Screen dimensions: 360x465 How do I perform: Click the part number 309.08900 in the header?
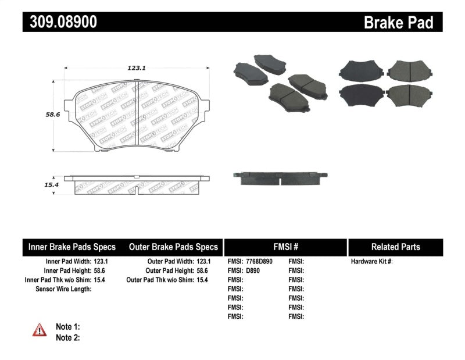(60, 22)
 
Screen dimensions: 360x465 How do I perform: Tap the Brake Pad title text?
(398, 23)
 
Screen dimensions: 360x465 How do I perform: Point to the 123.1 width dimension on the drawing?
(136, 68)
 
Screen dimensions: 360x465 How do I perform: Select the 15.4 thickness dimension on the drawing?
(38, 184)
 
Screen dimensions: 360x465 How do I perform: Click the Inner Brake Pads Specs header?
(72, 247)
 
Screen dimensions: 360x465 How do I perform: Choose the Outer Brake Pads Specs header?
(173, 247)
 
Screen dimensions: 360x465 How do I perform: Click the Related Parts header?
(395, 247)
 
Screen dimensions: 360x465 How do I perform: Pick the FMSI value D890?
(251, 271)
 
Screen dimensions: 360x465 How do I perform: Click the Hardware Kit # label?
(371, 262)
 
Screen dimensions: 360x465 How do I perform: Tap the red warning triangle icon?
(40, 330)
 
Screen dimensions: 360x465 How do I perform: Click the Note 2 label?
(67, 337)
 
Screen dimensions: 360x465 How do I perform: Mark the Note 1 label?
(67, 327)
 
